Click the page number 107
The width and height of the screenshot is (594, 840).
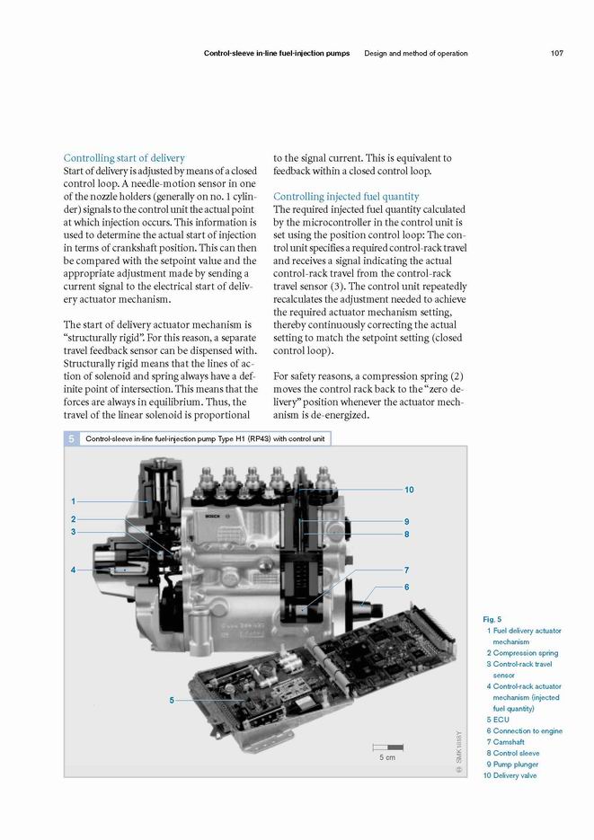pos(556,53)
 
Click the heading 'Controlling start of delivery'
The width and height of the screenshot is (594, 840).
pos(124,158)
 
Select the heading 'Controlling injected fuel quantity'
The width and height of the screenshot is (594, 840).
pos(346,196)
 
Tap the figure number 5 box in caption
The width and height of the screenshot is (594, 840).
pos(68,439)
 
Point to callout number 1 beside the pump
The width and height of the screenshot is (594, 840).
pos(74,500)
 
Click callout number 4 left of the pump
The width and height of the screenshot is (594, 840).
pos(74,570)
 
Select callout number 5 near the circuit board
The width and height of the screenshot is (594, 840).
pos(171,701)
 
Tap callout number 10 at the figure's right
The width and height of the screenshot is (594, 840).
pos(409,490)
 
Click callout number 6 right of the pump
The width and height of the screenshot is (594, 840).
pos(407,587)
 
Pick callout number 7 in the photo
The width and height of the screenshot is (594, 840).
pos(407,570)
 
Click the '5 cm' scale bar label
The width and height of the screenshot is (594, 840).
pos(386,757)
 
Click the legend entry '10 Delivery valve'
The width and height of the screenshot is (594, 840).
pos(510,775)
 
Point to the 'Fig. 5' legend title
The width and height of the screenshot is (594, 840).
pos(492,619)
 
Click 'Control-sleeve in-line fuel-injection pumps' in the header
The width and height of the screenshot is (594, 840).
pos(277,53)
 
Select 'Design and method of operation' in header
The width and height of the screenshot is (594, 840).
pos(415,53)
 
